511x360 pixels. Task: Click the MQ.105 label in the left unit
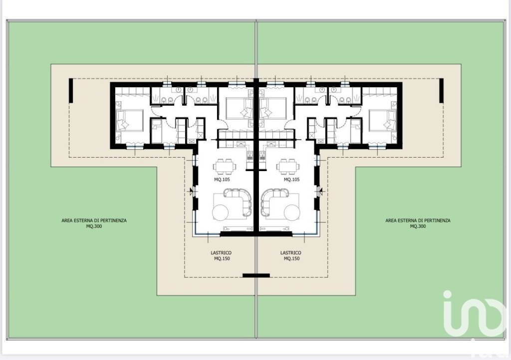coord(222,180)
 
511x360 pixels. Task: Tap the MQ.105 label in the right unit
coord(291,180)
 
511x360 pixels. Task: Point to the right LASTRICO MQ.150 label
coord(291,255)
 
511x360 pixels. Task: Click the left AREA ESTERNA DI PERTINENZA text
coord(94,220)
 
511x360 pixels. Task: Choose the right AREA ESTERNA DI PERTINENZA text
coord(418,220)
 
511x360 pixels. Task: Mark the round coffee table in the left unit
coord(220,212)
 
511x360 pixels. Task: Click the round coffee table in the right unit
coord(292,212)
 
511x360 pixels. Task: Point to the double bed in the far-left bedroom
coord(130,121)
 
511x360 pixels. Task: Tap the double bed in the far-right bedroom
coord(383,121)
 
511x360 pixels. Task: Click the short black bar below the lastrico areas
coord(256,275)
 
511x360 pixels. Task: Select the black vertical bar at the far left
coord(71,90)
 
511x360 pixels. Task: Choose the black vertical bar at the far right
coord(441,90)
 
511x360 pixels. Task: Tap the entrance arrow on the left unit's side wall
coord(191,191)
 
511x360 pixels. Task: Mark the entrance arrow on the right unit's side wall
coord(321,191)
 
